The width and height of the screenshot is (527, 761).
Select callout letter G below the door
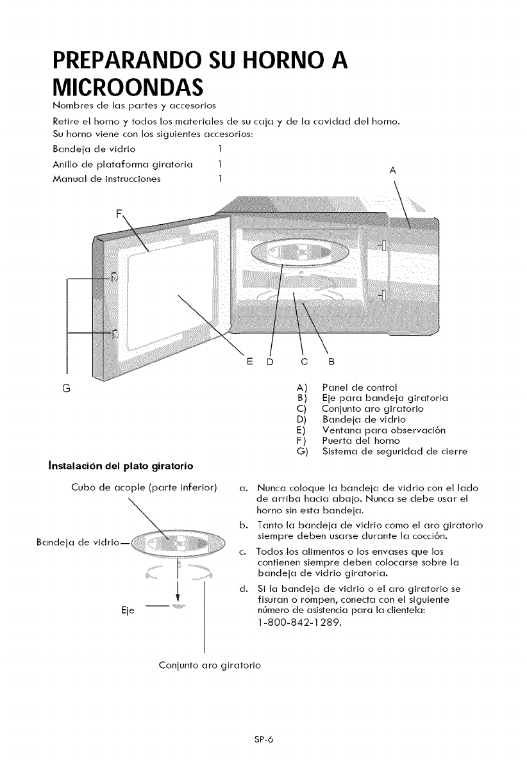click(x=67, y=388)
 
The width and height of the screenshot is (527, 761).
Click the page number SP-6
click(x=263, y=739)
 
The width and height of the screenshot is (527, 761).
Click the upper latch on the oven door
click(x=113, y=276)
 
